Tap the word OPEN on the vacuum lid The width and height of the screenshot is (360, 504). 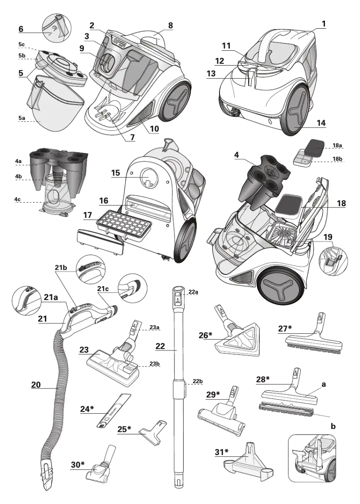pos(119,42)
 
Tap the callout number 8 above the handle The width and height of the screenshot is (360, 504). pos(171,26)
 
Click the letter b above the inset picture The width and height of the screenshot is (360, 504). pos(333,425)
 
